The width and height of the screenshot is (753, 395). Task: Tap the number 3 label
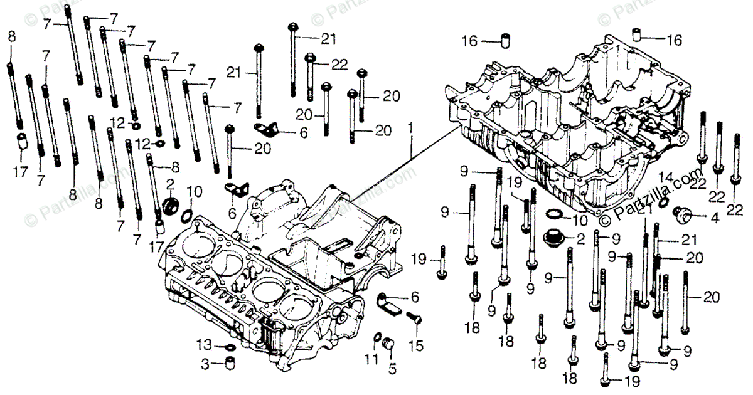(x=205, y=364)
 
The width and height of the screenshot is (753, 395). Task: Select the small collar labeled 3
(x=230, y=363)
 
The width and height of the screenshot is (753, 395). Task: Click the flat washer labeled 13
(x=230, y=347)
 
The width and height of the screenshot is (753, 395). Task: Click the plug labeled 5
(x=388, y=344)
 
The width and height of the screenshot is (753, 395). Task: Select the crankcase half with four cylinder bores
(x=264, y=276)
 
